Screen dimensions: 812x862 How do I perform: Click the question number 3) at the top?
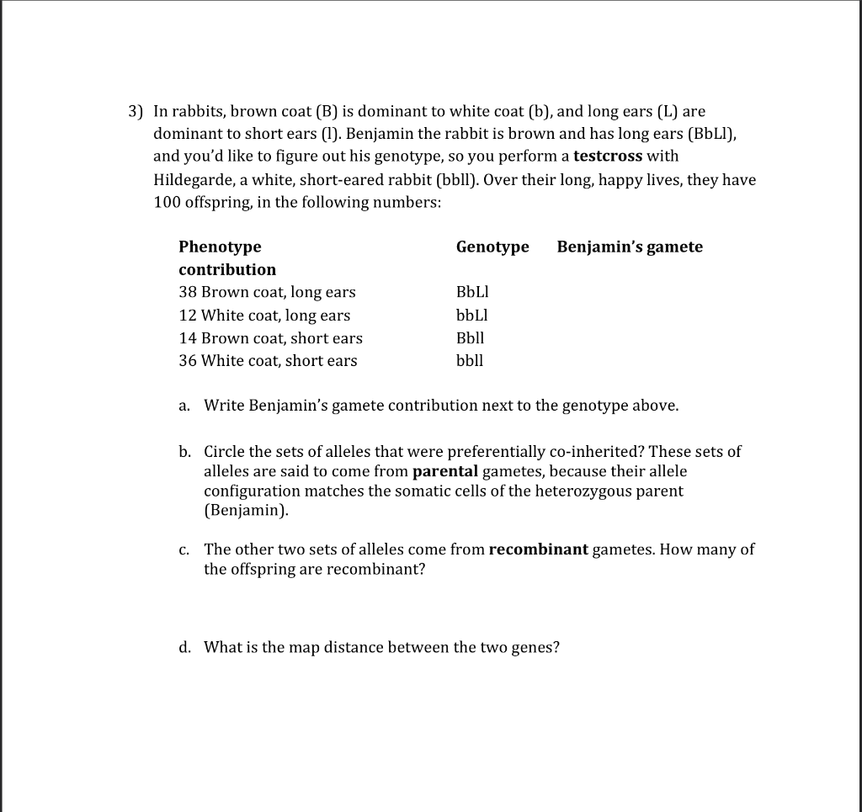click(x=135, y=111)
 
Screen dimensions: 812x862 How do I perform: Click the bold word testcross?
click(x=608, y=157)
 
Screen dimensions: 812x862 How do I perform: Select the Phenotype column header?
click(x=220, y=247)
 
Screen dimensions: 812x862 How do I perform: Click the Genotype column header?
click(x=492, y=247)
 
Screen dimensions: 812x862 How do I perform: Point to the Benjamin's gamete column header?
click(x=630, y=247)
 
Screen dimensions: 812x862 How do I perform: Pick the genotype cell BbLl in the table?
click(x=472, y=292)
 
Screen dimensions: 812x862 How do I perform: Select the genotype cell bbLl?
click(x=472, y=315)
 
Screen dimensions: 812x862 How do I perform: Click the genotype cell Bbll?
click(x=470, y=337)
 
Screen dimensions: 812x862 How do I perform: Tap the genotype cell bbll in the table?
click(x=470, y=360)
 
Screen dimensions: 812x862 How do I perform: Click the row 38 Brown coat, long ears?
click(x=267, y=292)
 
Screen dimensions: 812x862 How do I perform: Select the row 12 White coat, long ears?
click(x=264, y=315)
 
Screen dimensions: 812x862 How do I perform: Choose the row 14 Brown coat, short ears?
click(x=270, y=337)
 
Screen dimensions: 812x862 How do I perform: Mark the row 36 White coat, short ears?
click(x=268, y=360)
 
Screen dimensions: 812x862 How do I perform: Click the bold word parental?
click(x=445, y=470)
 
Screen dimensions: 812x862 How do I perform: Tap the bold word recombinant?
click(x=538, y=549)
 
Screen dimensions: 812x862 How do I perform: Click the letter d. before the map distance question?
click(x=184, y=647)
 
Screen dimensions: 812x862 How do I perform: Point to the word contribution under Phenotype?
click(x=227, y=269)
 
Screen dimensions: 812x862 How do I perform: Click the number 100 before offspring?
click(x=166, y=202)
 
